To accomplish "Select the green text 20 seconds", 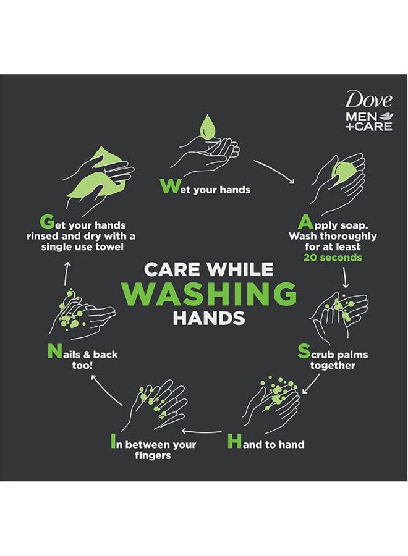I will tap(333, 258).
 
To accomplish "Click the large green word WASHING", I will tap(209, 294).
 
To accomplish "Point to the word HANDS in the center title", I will tap(208, 319).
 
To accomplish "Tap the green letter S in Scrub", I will tap(304, 352).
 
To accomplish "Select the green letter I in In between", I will tap(113, 442).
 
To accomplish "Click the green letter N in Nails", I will tap(54, 352).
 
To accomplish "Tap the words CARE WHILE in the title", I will tap(208, 269).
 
